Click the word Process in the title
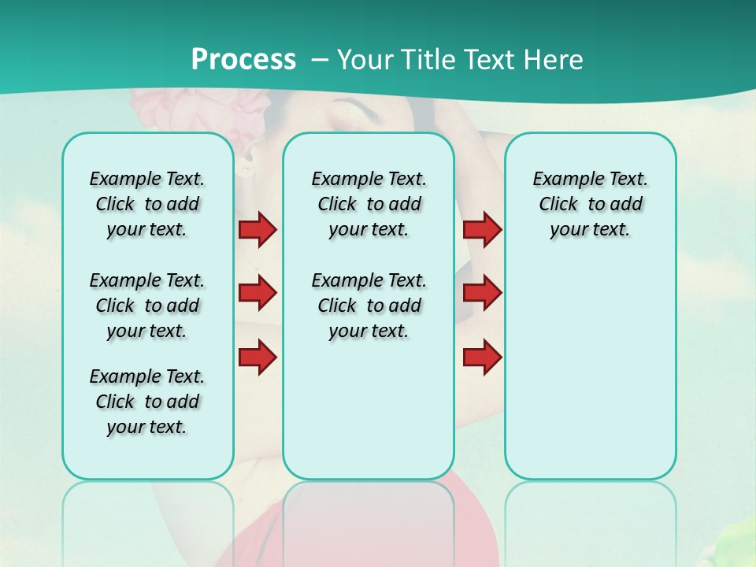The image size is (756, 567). tap(243, 60)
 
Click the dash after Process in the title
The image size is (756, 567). tap(320, 61)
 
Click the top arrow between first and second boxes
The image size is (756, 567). tap(258, 229)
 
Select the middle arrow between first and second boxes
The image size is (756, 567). tap(258, 293)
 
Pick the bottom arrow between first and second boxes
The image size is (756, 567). tap(258, 358)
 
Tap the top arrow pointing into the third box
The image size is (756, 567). tap(482, 229)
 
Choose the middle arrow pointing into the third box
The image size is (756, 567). tap(482, 293)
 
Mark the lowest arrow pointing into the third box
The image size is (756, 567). tap(482, 358)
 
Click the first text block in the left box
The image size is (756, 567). tap(147, 204)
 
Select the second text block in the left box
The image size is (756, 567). tap(147, 306)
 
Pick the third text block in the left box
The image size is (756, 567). tap(147, 402)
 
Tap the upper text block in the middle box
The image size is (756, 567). tap(369, 204)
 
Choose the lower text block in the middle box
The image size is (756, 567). tap(369, 306)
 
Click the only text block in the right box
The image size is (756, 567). tap(590, 204)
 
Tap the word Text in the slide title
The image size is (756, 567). tap(489, 60)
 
